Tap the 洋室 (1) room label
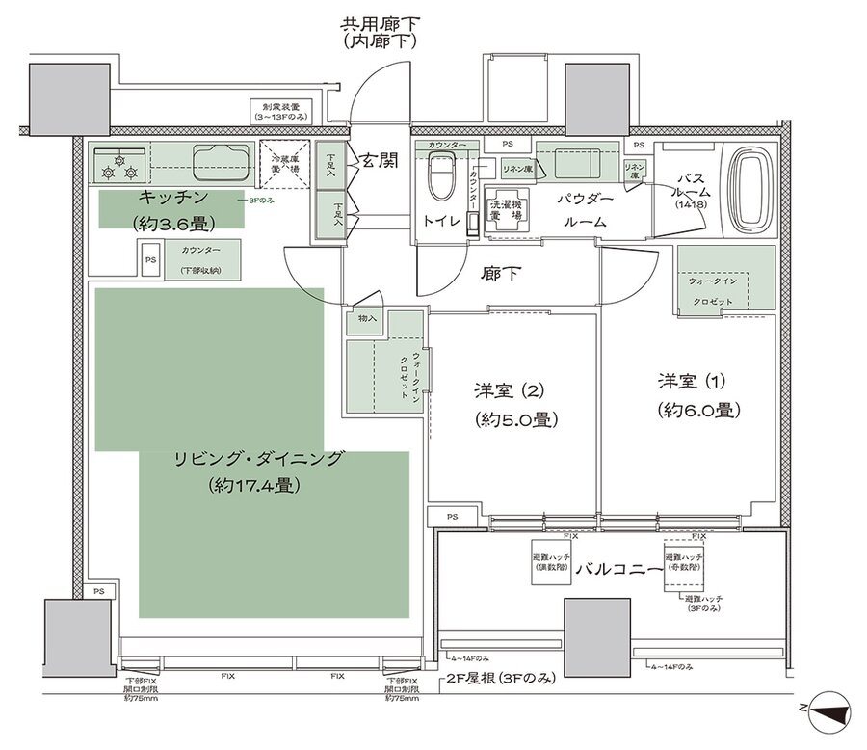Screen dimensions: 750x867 click(699, 381)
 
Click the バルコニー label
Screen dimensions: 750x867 click(617, 568)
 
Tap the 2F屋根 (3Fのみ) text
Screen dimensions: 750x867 click(501, 679)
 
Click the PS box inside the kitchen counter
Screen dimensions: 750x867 click(150, 259)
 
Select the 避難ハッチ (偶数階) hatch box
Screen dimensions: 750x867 click(552, 562)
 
